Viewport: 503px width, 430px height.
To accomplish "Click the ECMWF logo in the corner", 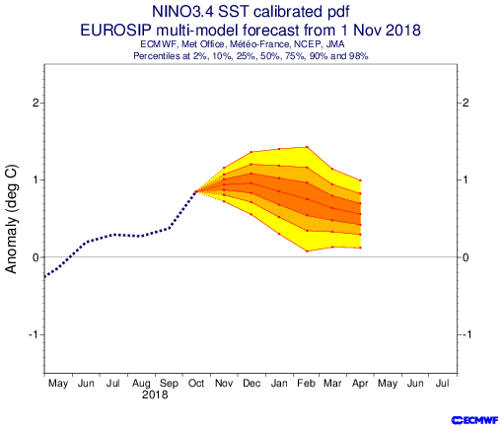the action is tap(475, 420).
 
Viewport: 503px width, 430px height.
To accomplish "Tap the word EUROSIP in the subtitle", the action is tap(116, 31).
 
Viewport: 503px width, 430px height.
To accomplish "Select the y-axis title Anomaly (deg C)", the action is tap(11, 219).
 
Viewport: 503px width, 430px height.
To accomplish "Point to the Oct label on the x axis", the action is tap(196, 384).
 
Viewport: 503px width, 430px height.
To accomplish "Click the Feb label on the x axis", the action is tap(307, 384).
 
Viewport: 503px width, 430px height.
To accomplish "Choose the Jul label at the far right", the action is tap(443, 384).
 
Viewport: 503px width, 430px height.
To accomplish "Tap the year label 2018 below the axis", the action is tap(155, 394).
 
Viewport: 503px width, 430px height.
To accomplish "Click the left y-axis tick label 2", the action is tap(36, 103).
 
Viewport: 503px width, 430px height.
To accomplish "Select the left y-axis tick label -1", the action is tap(34, 334).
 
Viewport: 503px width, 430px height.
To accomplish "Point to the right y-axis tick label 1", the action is tap(466, 179).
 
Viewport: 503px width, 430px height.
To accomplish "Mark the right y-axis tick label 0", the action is tap(466, 257).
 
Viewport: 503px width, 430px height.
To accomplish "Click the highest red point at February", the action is tap(307, 147).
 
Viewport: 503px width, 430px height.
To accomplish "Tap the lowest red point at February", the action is tap(307, 251).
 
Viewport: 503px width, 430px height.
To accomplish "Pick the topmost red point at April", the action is tap(361, 180).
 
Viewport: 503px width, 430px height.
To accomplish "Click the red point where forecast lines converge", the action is tap(196, 191).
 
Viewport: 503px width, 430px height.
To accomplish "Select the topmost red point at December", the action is tap(251, 152).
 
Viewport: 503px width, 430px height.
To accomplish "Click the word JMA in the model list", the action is tap(335, 44).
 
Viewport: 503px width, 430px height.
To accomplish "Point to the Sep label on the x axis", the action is tap(169, 384).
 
